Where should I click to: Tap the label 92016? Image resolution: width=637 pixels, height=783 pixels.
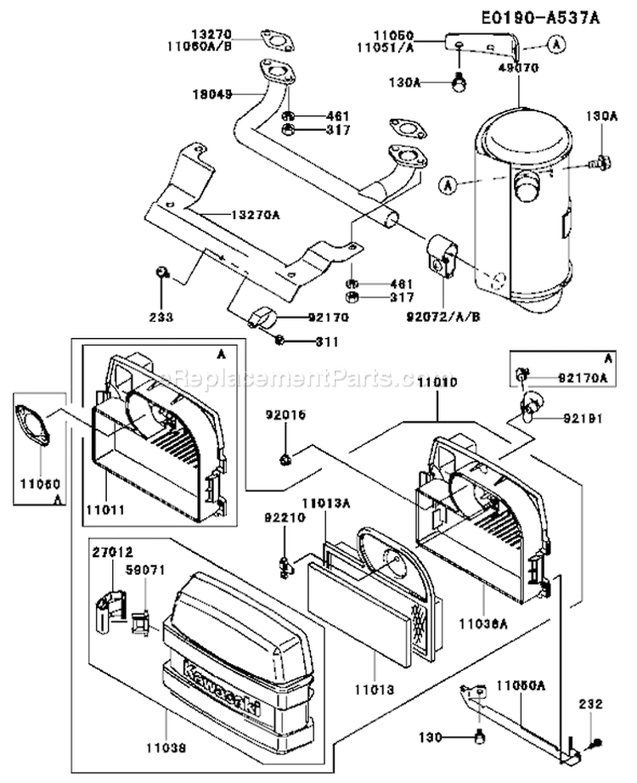tap(285, 415)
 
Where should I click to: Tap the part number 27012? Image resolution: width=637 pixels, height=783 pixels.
tap(114, 552)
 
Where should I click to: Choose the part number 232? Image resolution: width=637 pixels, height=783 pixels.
tap(591, 704)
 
